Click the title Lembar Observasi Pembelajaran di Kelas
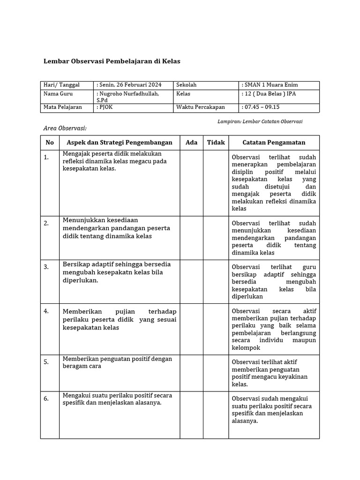click(x=112, y=61)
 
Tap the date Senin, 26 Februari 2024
click(x=130, y=85)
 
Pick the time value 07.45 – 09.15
click(x=261, y=107)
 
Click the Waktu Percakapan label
click(x=200, y=107)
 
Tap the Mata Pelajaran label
click(x=62, y=107)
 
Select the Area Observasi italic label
click(x=65, y=128)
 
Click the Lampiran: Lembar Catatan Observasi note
click(x=260, y=121)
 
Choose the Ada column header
click(x=191, y=142)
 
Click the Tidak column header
click(x=216, y=142)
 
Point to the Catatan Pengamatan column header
click(x=274, y=142)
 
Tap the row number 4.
click(x=46, y=311)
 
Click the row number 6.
click(x=46, y=399)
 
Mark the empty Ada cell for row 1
click(x=191, y=183)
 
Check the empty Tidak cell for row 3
click(x=216, y=281)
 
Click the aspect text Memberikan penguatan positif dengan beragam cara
click(x=117, y=362)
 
